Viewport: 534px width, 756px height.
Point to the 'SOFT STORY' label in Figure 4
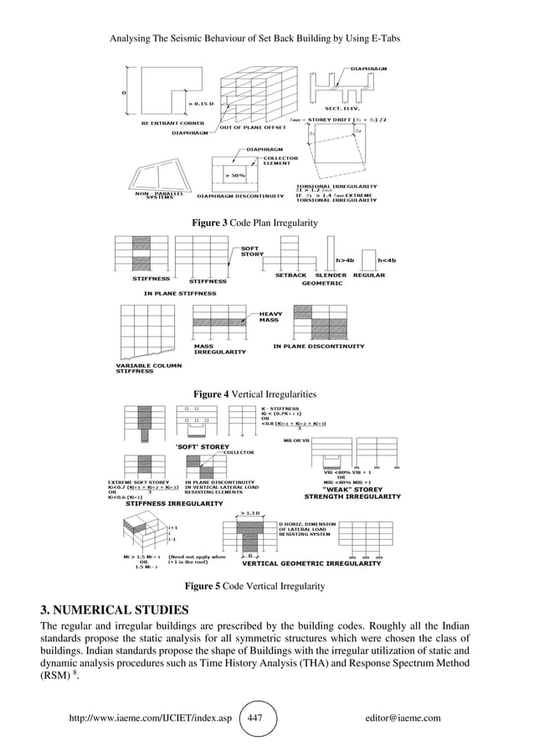click(x=252, y=250)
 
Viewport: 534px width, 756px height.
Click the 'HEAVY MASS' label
click(x=270, y=316)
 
